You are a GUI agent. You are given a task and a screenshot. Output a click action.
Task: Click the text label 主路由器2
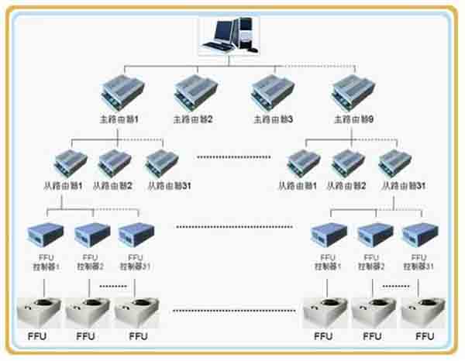click(193, 120)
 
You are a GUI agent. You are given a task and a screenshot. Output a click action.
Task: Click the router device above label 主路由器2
click(194, 94)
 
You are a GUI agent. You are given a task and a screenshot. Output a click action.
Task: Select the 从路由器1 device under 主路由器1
click(67, 164)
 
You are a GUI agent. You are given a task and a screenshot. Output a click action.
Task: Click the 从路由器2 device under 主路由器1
click(113, 164)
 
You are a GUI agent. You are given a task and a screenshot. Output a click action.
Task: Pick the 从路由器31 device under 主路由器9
click(395, 164)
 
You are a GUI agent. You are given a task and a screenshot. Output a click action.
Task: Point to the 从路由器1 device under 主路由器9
click(301, 164)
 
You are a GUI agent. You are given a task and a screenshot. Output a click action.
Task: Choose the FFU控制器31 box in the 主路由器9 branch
click(418, 233)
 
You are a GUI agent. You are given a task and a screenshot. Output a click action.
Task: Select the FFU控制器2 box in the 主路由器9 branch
click(374, 233)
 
